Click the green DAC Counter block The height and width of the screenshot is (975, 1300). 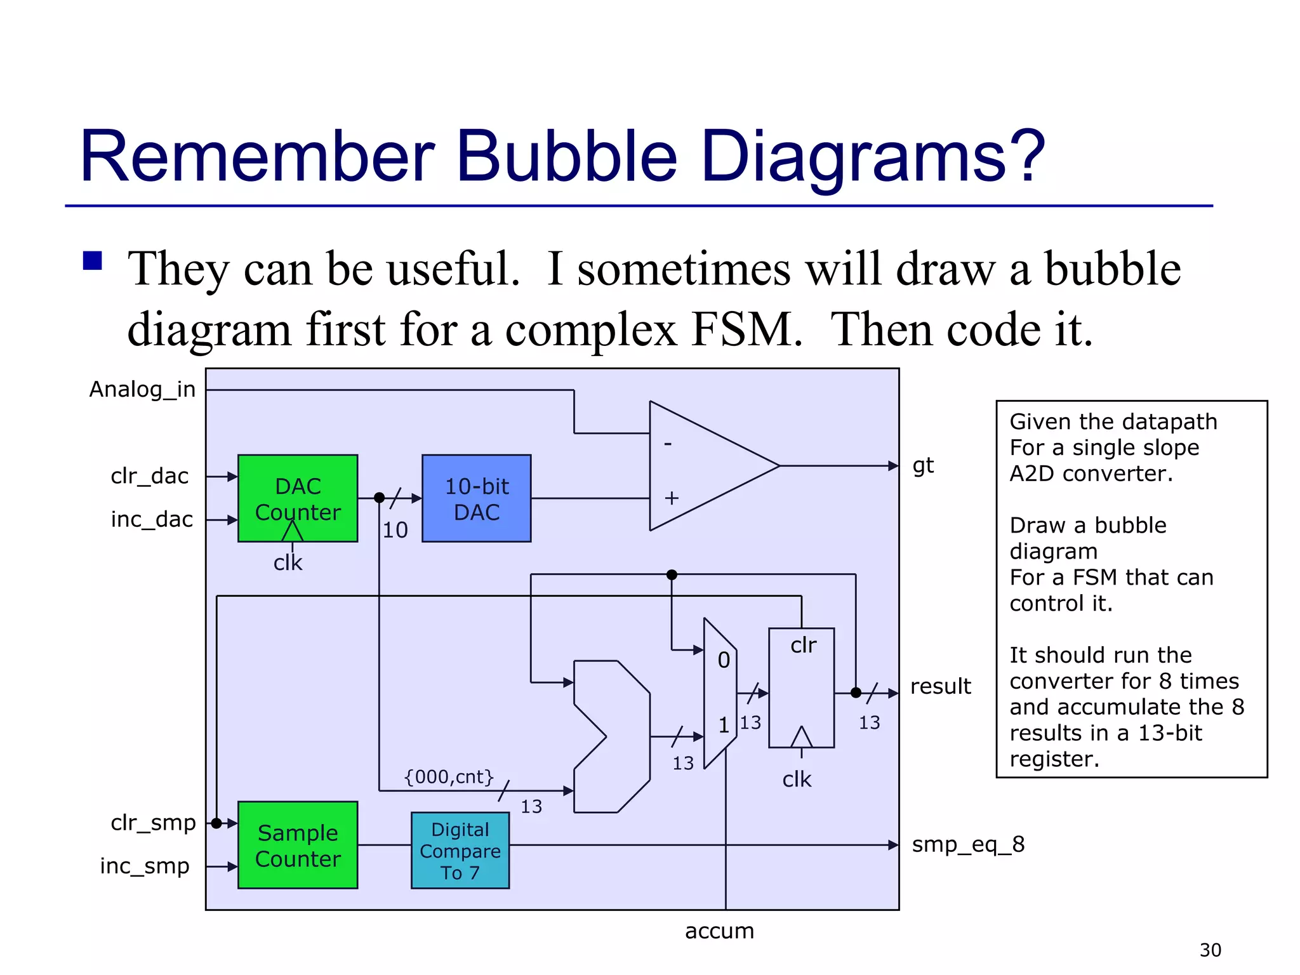[298, 498]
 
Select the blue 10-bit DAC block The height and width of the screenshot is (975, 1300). [476, 498]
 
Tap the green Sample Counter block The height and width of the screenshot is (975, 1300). [298, 845]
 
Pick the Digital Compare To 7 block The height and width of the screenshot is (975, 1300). [460, 851]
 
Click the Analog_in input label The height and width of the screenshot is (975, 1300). [142, 389]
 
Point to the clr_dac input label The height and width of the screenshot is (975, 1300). [150, 476]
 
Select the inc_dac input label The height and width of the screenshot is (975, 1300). [152, 519]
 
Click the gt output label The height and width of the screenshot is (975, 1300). [923, 466]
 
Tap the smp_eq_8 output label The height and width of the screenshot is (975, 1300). [968, 844]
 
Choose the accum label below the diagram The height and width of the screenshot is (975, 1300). [719, 931]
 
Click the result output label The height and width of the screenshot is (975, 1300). [940, 686]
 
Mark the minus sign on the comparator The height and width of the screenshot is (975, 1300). [668, 444]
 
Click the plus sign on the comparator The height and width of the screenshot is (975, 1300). [672, 498]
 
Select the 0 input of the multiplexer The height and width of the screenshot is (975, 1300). [724, 660]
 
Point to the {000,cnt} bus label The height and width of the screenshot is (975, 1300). [449, 776]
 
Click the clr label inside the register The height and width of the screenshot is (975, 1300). [803, 645]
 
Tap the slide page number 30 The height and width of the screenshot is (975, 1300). [1210, 950]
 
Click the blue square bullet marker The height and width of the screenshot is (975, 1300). [93, 261]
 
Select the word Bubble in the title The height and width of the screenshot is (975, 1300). [567, 156]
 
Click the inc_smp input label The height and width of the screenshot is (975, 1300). [145, 866]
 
